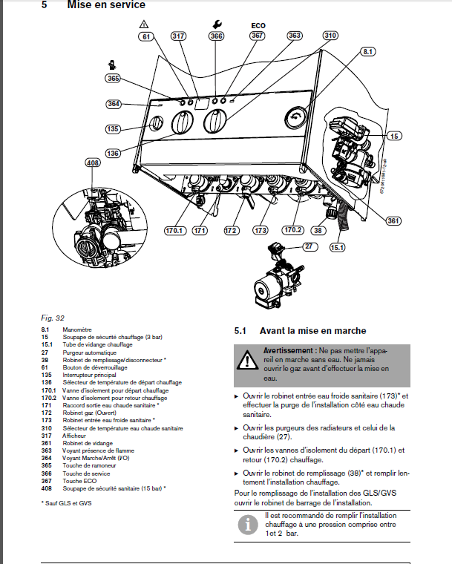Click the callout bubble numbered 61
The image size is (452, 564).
pyautogui.click(x=146, y=36)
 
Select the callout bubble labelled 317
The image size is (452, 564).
pyautogui.click(x=178, y=36)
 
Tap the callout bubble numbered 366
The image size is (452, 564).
pyautogui.click(x=216, y=36)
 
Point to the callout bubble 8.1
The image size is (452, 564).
pyautogui.click(x=369, y=51)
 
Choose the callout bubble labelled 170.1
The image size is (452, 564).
pyautogui.click(x=175, y=231)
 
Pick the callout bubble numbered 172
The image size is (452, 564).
pyautogui.click(x=231, y=231)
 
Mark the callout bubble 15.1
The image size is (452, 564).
pyautogui.click(x=338, y=246)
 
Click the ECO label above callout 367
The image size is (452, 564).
pyautogui.click(x=258, y=24)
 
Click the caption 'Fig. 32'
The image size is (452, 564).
pyautogui.click(x=52, y=318)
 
